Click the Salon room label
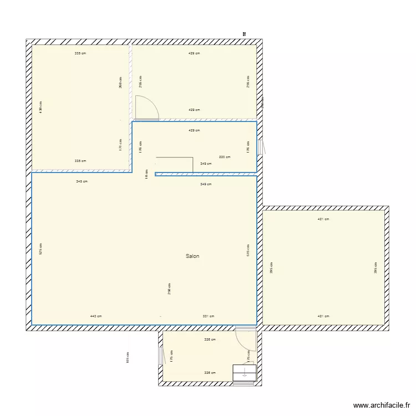(192, 256)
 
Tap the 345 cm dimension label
(82, 181)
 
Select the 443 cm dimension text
(96, 316)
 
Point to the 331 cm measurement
(209, 316)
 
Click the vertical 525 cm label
(41, 250)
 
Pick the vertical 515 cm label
(248, 250)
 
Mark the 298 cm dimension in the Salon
(169, 288)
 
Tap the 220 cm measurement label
(225, 157)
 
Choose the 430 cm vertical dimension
(41, 107)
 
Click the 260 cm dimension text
(120, 82)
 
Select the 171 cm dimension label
(120, 145)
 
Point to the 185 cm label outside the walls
(128, 358)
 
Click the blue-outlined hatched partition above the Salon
(205, 174)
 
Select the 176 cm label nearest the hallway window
(248, 146)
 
